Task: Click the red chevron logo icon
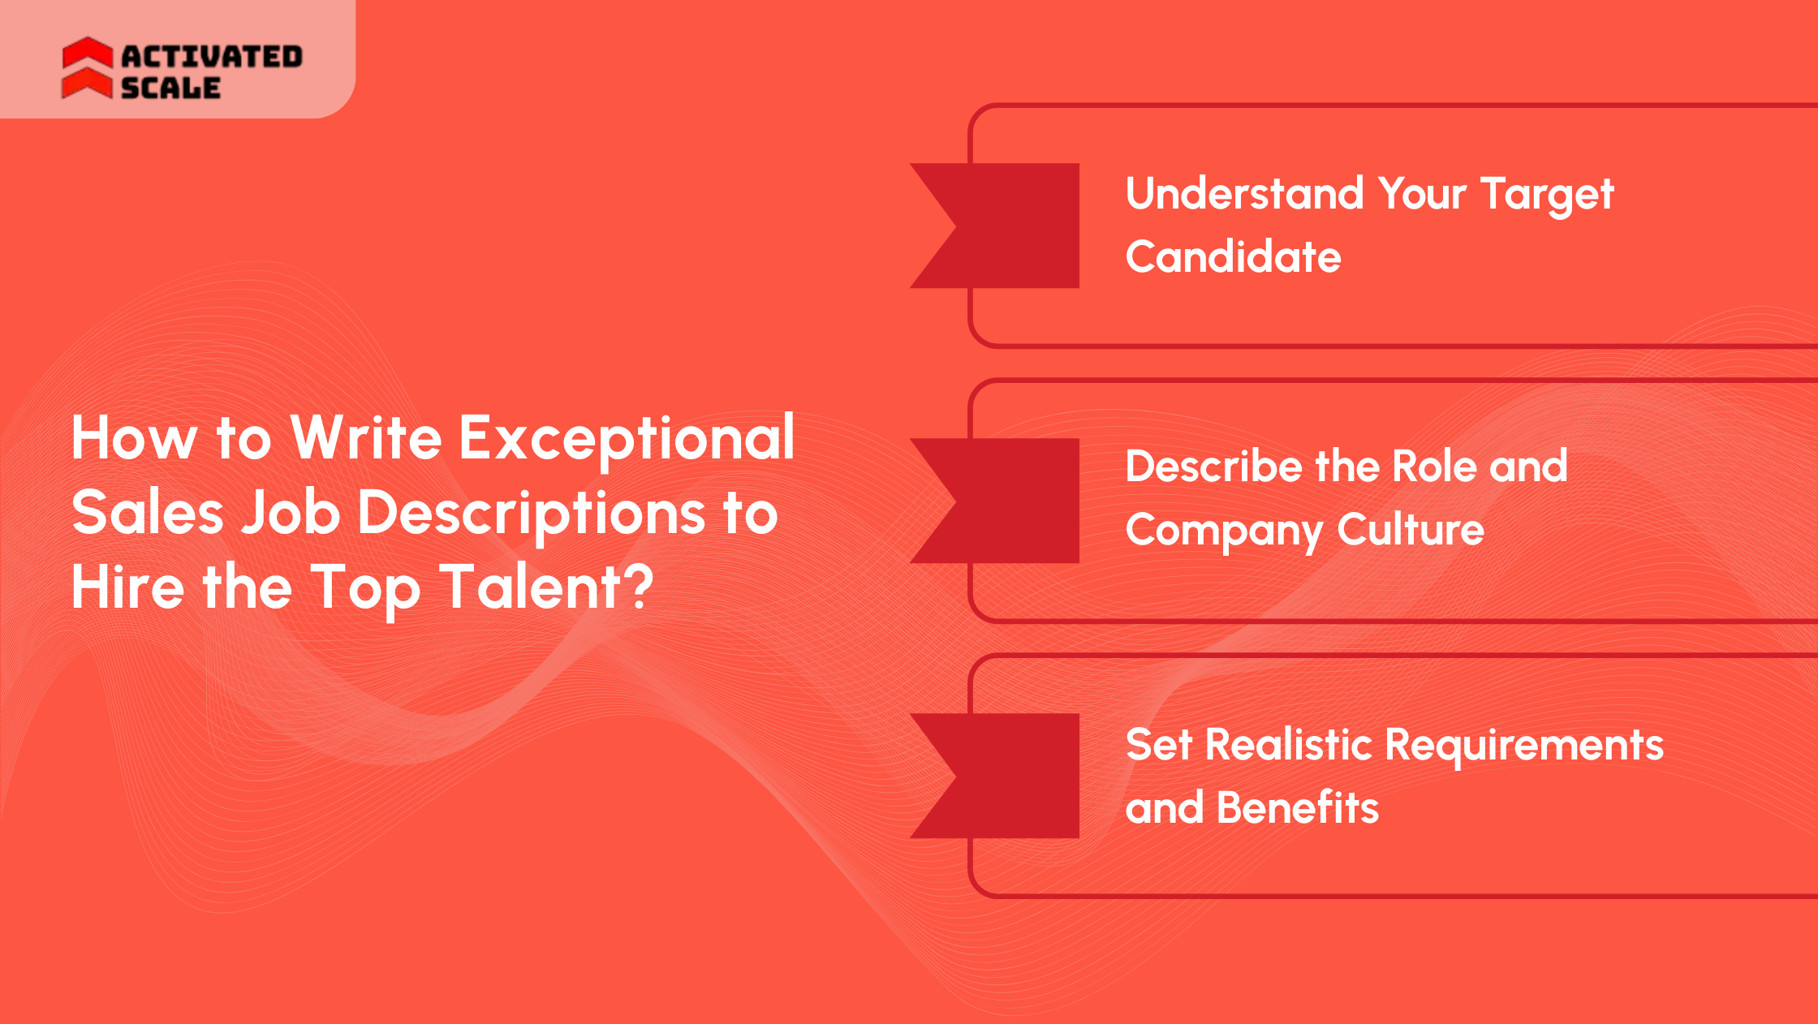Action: click(87, 68)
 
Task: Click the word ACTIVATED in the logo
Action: click(212, 56)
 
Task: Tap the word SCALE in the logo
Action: click(170, 88)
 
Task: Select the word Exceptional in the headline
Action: click(627, 439)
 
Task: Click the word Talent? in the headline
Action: click(546, 587)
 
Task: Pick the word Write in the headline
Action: click(366, 439)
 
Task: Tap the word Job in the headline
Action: click(291, 514)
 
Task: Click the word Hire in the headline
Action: click(127, 587)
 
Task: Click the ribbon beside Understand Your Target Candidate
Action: click(1006, 226)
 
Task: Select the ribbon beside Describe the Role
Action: click(1006, 501)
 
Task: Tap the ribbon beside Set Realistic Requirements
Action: click(1006, 776)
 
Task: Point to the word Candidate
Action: click(1233, 257)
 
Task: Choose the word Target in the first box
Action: click(1547, 196)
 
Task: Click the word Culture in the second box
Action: click(1411, 530)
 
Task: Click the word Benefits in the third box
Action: click(1298, 808)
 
